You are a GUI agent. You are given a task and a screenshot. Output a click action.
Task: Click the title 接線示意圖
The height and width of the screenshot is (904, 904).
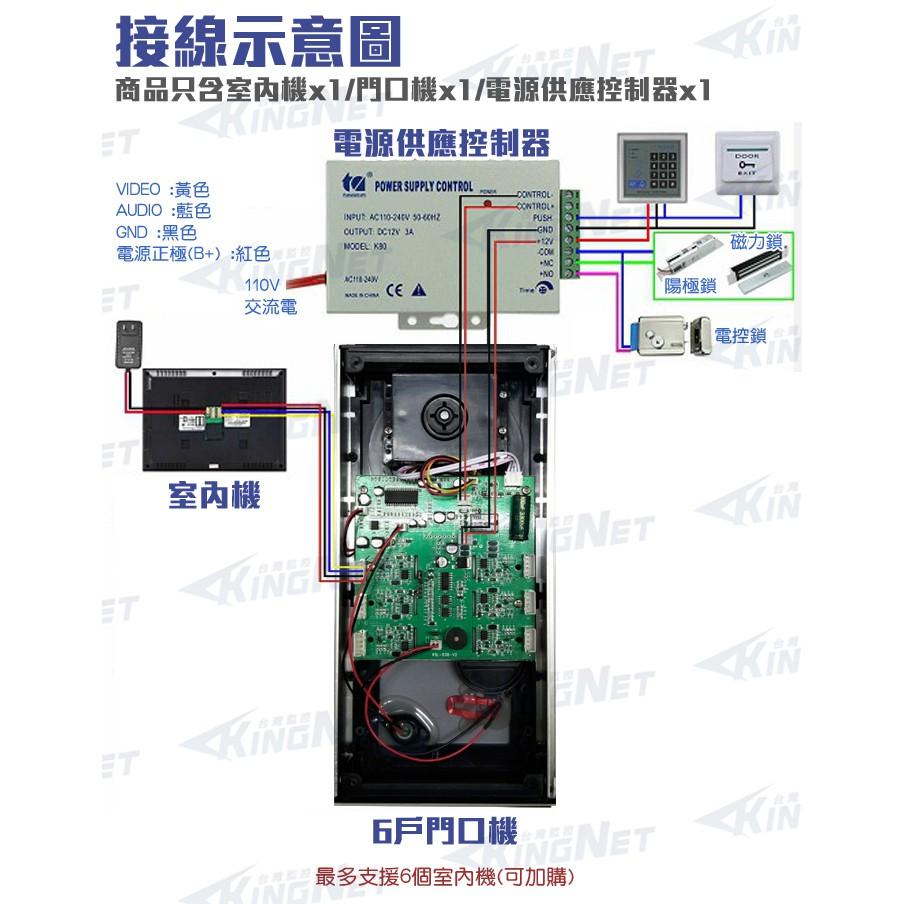pyautogui.click(x=258, y=42)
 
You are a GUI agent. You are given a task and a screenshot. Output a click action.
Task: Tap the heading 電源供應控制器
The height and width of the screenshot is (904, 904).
pyautogui.click(x=442, y=143)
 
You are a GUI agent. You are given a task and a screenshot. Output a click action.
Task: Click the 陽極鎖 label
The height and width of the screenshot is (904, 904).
pyautogui.click(x=690, y=286)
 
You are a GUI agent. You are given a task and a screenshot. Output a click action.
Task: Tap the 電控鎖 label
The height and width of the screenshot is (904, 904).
pyautogui.click(x=741, y=335)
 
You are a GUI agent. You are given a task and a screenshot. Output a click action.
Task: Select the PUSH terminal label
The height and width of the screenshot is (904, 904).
pyautogui.click(x=541, y=217)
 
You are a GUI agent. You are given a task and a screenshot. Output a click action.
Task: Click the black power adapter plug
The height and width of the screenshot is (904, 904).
pyautogui.click(x=126, y=346)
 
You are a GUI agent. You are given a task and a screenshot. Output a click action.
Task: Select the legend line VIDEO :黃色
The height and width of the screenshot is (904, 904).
pyautogui.click(x=163, y=189)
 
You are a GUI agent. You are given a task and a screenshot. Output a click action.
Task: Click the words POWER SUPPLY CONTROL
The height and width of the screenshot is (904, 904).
pyautogui.click(x=422, y=186)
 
